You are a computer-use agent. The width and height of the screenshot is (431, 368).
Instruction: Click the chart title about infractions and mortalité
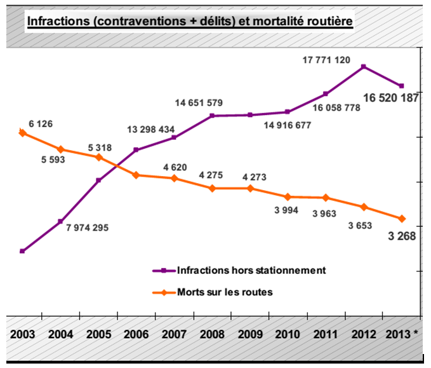pos(189,22)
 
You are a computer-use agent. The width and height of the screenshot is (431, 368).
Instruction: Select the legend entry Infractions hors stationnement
pos(251,269)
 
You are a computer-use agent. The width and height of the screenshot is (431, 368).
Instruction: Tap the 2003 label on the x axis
pos(23,334)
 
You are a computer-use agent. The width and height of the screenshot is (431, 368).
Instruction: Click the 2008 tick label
pos(212,334)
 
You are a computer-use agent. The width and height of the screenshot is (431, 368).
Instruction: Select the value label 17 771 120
pos(326,60)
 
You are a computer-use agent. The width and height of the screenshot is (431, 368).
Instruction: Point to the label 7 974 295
pos(87,228)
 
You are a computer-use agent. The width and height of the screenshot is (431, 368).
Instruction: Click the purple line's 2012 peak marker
pos(363,66)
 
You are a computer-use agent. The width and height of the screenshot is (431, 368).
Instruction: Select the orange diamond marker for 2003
pos(23,133)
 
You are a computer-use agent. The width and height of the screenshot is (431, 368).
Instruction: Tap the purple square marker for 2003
pos(23,251)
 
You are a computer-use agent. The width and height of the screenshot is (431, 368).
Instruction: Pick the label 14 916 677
pos(288,125)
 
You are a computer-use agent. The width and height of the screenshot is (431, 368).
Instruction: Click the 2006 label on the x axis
pos(136,334)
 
